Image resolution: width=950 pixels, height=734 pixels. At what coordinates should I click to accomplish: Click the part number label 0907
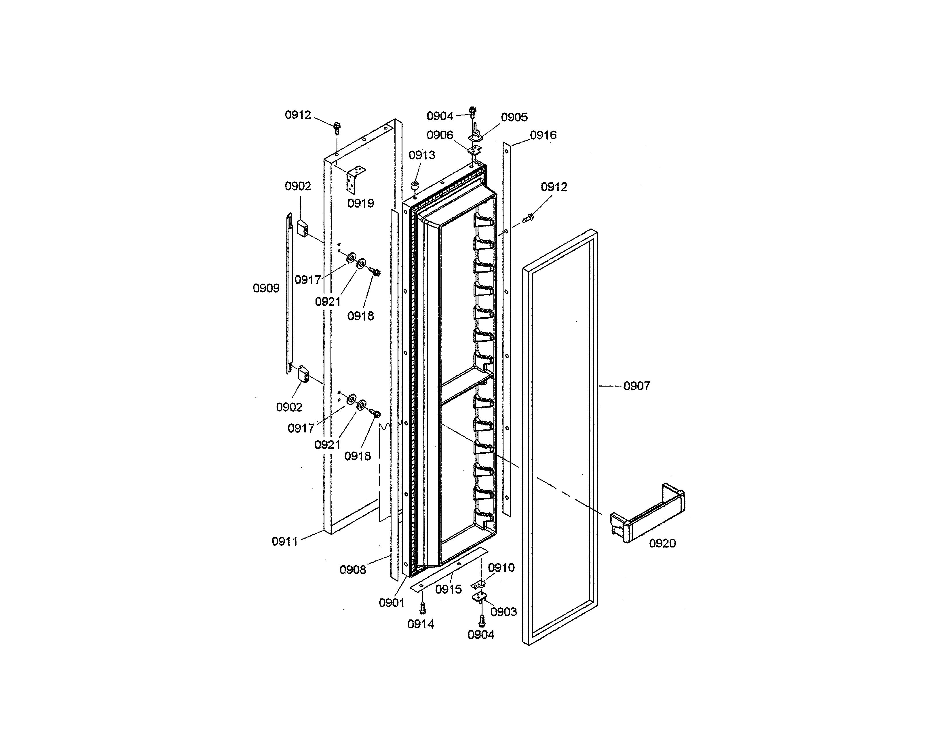[x=636, y=386]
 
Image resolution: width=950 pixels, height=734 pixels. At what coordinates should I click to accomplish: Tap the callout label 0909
[x=266, y=288]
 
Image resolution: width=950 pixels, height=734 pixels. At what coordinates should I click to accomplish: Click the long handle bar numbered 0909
[x=289, y=294]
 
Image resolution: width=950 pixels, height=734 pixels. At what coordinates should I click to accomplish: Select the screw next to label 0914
[x=422, y=607]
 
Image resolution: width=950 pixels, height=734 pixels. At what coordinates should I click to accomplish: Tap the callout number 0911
[x=284, y=541]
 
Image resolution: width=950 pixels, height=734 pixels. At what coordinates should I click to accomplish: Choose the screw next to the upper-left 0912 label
[x=336, y=128]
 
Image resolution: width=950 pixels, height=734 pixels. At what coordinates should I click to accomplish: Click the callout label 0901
[x=392, y=603]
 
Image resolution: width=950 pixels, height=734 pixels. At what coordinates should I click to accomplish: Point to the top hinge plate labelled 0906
[x=475, y=150]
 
